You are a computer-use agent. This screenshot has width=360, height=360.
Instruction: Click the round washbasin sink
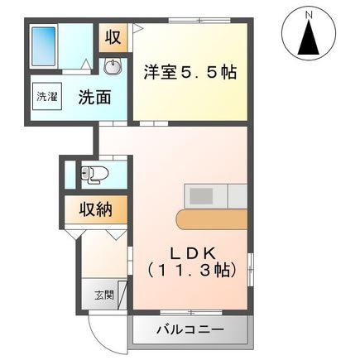click(x=113, y=68)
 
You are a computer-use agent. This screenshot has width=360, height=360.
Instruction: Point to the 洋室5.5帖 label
click(x=191, y=73)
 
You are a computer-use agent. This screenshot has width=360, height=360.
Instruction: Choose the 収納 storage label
click(x=96, y=209)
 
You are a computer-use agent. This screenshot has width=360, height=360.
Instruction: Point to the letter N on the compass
click(x=308, y=14)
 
